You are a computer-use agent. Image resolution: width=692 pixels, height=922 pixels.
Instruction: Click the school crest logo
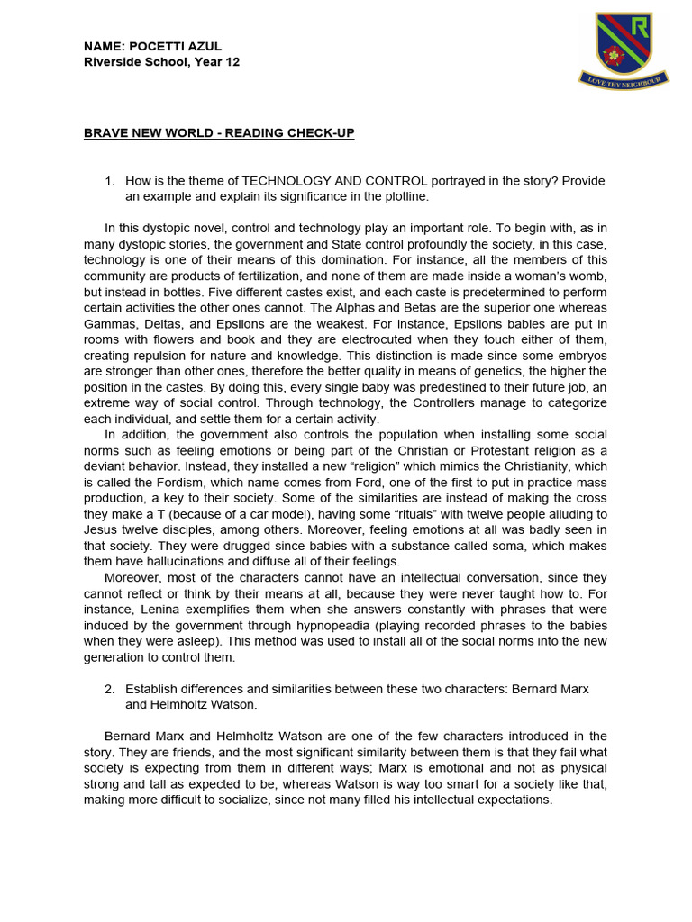623,49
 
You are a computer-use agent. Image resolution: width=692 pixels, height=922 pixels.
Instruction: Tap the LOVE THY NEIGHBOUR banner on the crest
623,82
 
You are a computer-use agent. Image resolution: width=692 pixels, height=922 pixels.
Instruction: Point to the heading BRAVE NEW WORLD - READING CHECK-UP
219,133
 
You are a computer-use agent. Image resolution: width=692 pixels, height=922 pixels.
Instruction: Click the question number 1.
109,181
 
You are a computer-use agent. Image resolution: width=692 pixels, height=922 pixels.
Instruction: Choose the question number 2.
109,689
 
